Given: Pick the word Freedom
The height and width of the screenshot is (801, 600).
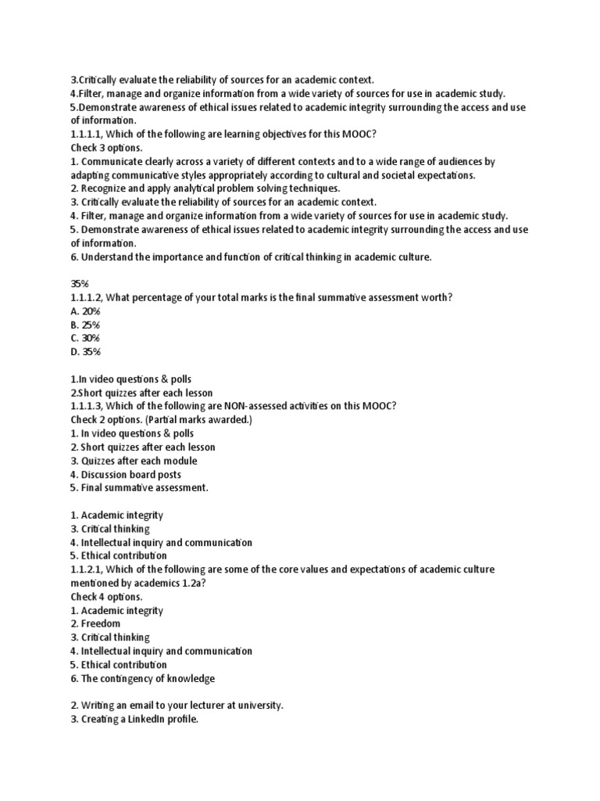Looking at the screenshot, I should click(102, 624).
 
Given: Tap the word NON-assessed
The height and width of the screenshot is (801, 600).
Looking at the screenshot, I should click(256, 406).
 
